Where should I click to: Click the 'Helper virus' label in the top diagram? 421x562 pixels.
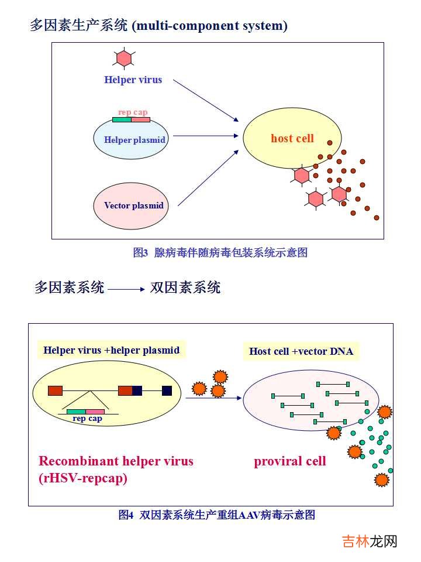pos(133,80)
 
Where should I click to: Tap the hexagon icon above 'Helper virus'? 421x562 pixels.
pos(124,58)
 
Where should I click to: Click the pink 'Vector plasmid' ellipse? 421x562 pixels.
pos(130,206)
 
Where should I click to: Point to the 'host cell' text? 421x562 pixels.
pos(292,139)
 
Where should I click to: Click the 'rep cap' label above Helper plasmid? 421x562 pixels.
pos(133,112)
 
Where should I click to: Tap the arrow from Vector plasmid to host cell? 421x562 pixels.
pos(208,177)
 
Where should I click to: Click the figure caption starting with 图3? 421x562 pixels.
pos(220,253)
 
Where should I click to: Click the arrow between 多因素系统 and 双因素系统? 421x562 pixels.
pos(126,289)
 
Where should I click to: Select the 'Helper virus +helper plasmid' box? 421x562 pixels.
pos(111,350)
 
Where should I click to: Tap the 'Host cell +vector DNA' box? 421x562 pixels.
pos(301,351)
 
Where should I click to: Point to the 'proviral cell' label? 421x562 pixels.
pos(289,461)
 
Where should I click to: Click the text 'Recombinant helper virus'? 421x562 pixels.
pos(116,461)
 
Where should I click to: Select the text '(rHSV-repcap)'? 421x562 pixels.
pos(83,478)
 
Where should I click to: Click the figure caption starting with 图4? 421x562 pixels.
pos(216,515)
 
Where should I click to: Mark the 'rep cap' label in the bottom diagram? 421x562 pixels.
pos(87,419)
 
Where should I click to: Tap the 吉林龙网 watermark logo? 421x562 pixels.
pos(369,542)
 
